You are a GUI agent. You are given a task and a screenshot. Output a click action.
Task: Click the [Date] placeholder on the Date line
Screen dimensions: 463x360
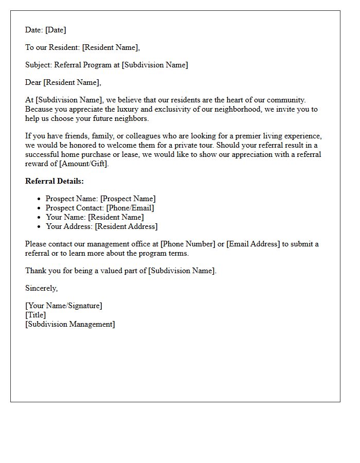tap(56, 30)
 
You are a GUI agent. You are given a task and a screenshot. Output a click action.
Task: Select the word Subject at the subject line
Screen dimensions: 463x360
tap(39, 65)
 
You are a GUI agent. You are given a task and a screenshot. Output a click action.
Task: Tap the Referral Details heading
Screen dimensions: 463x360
tap(55, 181)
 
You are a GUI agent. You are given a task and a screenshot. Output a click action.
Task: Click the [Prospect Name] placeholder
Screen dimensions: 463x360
tap(128, 199)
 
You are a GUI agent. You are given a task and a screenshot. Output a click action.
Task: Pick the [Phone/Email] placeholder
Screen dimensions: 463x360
tap(130, 208)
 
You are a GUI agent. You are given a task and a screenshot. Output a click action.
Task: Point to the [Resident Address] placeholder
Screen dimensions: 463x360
tap(126, 226)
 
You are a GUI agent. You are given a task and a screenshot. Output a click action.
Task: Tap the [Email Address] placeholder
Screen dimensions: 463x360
tap(254, 244)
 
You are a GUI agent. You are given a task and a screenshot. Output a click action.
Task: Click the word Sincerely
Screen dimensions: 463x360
tap(41, 288)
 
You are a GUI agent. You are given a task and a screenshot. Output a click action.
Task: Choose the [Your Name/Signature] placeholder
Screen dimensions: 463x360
tap(64, 306)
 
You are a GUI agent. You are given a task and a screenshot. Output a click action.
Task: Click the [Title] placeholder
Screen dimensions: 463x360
tap(35, 315)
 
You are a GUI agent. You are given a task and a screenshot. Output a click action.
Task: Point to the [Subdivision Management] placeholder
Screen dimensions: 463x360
tap(70, 324)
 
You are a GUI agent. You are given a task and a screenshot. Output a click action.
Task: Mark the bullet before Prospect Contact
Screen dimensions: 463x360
tap(40, 208)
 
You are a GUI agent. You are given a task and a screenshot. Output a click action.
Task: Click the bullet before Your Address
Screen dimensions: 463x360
tap(40, 226)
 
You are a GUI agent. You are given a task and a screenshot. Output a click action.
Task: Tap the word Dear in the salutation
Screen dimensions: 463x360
tap(33, 82)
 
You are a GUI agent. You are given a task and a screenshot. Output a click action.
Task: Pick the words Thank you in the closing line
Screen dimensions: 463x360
tap(41, 271)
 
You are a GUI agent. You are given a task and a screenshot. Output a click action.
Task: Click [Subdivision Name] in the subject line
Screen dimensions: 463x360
tap(155, 65)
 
